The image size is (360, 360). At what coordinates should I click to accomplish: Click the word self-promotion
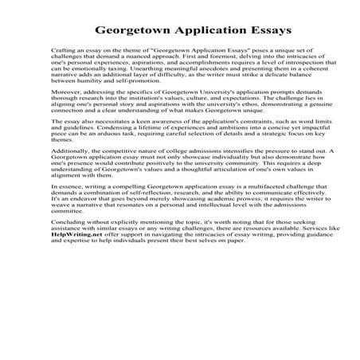click(126, 101)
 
